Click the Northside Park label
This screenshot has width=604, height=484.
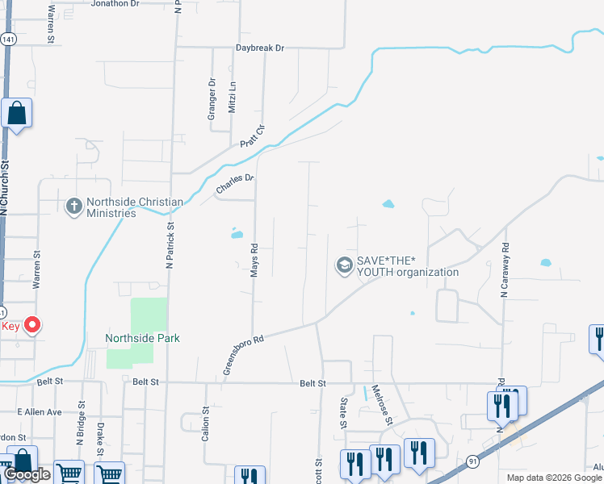(x=142, y=338)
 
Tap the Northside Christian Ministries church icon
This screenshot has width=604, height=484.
(x=73, y=207)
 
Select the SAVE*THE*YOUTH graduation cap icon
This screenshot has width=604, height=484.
(x=344, y=265)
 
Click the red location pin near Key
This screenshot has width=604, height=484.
(x=32, y=325)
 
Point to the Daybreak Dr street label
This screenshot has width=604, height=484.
(x=260, y=48)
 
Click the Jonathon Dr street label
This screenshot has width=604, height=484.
(x=116, y=4)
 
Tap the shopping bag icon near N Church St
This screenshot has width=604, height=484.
(x=16, y=115)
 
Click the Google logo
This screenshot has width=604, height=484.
(x=27, y=474)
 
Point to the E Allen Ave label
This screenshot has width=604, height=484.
(x=40, y=412)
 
